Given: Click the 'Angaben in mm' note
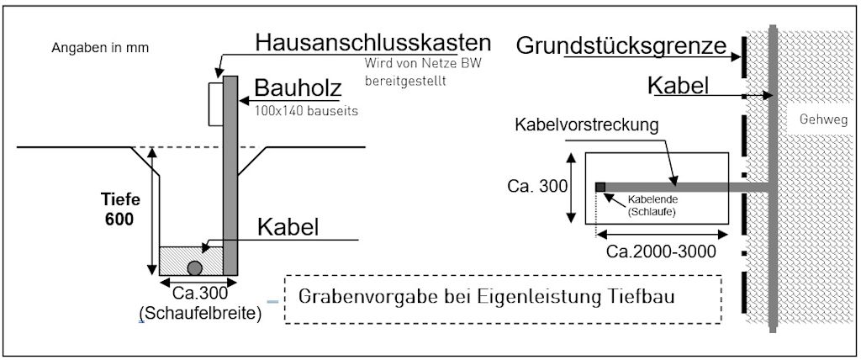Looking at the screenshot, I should [100, 48].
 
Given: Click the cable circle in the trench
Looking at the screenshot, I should [194, 267].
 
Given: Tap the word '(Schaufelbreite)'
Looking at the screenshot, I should [199, 315].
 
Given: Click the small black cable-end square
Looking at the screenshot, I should [600, 187].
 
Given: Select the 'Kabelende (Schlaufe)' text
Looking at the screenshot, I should [652, 206].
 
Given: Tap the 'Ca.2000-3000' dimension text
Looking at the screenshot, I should [662, 250].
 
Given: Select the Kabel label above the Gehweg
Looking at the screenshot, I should [679, 86].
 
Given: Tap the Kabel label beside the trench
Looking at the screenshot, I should [288, 227].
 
